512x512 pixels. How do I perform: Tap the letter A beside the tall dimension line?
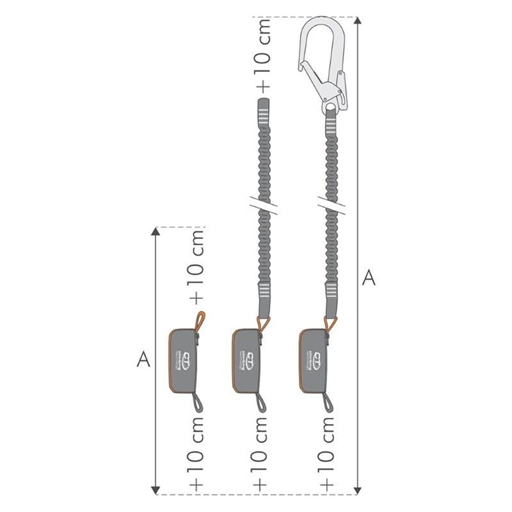click(x=368, y=277)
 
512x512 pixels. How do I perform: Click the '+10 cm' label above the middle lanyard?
click(x=263, y=55)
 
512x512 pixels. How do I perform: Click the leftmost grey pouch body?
click(x=183, y=360)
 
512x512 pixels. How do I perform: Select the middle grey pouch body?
click(x=247, y=360)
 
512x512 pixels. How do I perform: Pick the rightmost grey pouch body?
click(x=313, y=360)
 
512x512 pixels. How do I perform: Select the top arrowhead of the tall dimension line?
click(x=358, y=21)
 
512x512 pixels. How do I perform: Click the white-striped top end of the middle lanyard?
click(x=262, y=111)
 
